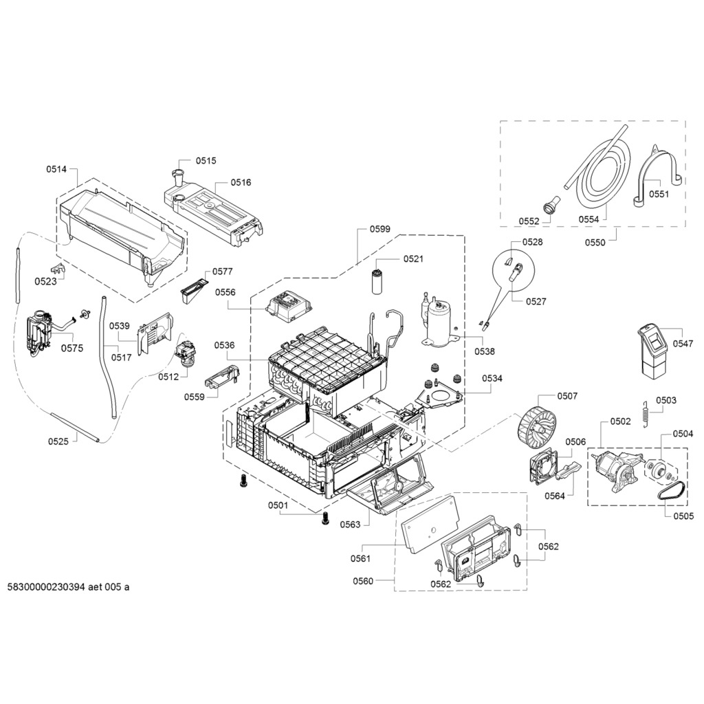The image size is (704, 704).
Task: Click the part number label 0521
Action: tap(413, 259)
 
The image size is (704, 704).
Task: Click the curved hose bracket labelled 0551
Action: tap(656, 175)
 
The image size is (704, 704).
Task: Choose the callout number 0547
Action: tap(683, 342)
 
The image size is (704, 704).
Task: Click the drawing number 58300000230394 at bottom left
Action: tap(68, 587)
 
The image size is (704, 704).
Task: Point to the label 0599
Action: tap(379, 229)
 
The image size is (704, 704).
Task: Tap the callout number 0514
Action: tap(56, 169)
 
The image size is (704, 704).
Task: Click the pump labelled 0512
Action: tap(186, 355)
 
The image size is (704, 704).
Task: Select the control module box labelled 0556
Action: tap(289, 306)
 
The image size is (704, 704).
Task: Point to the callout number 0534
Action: tap(492, 378)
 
